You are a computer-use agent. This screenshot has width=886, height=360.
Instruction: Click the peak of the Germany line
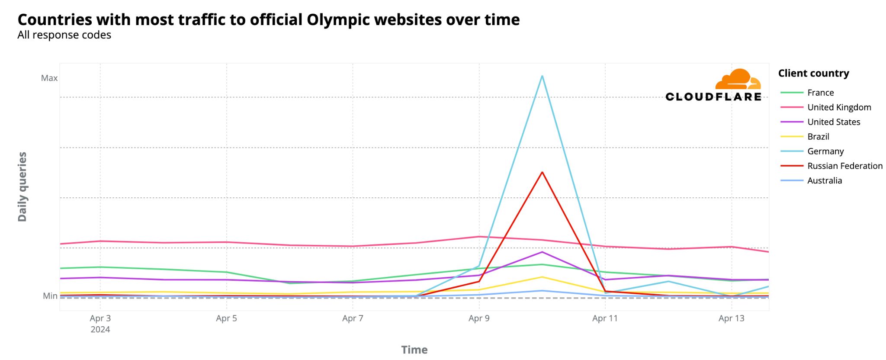click(542, 77)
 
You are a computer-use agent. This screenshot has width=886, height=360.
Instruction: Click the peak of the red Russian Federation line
click(542, 173)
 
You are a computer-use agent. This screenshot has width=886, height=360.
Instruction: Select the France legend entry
click(820, 93)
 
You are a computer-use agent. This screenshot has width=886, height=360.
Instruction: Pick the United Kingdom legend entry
click(839, 107)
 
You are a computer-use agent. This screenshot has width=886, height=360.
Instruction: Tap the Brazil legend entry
click(818, 137)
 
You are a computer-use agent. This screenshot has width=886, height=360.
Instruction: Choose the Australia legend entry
click(824, 181)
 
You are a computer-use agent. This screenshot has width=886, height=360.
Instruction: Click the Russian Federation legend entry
click(844, 166)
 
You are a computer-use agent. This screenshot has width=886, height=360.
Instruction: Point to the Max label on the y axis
click(49, 78)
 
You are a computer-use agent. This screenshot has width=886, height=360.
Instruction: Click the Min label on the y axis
click(50, 296)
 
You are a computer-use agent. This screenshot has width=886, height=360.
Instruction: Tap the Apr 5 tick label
click(226, 318)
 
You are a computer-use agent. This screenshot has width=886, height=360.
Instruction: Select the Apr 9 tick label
click(479, 318)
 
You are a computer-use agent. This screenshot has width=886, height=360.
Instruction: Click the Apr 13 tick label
click(731, 318)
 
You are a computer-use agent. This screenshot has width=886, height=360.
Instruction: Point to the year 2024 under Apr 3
click(100, 330)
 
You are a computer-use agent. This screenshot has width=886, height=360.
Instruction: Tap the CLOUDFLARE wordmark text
click(713, 97)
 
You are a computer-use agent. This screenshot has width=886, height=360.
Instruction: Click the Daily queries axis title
click(22, 187)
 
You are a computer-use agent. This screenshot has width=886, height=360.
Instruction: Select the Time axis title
click(414, 350)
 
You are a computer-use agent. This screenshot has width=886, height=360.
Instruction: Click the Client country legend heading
click(813, 74)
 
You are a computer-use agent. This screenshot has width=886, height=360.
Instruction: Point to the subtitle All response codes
click(64, 35)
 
